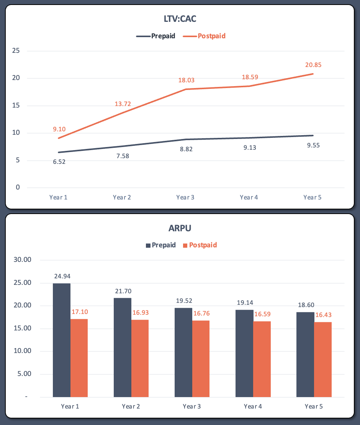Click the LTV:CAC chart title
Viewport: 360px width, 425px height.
[180, 18]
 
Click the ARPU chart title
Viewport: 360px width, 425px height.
[180, 229]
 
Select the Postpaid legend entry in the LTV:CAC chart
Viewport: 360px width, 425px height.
[211, 36]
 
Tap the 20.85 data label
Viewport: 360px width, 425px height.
[313, 65]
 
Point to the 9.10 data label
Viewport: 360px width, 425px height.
[59, 129]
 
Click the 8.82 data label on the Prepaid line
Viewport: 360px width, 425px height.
[186, 149]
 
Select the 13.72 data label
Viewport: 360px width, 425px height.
[123, 104]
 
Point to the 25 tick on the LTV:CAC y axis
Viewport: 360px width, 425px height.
[16, 51]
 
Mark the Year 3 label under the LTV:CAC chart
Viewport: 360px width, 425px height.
[185, 197]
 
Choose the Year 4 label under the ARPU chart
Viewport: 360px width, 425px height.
[253, 406]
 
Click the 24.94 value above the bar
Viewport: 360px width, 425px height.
[62, 276]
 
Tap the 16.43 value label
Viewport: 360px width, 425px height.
[323, 315]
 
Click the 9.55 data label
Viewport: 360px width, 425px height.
[313, 145]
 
